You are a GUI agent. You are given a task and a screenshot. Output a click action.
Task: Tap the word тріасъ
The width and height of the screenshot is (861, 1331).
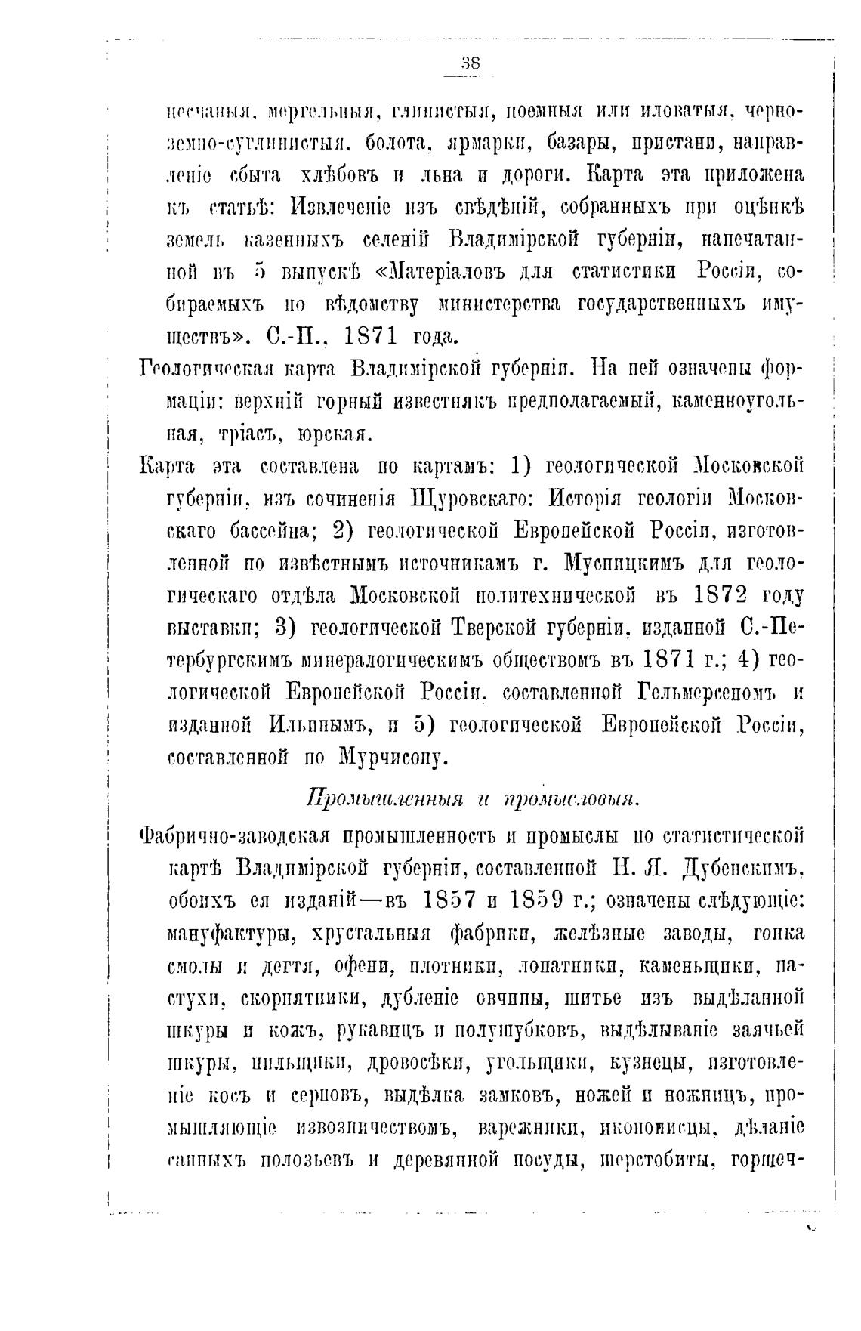coord(256,434)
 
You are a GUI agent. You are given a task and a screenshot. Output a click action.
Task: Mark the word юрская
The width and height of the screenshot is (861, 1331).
coord(333,434)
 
